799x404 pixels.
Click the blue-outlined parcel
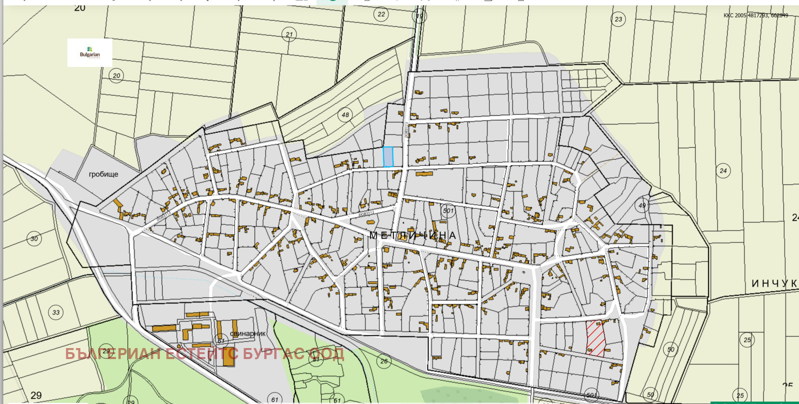click(x=388, y=157)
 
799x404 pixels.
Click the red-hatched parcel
click(x=595, y=338)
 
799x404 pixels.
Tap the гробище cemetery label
click(x=103, y=174)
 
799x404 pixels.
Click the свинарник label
click(x=248, y=333)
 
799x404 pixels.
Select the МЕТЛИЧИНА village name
click(x=412, y=235)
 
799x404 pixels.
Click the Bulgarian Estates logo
click(x=90, y=53)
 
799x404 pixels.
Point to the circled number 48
click(x=345, y=115)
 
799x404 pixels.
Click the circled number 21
click(x=289, y=34)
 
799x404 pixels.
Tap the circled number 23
click(x=618, y=19)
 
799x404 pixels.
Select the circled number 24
click(x=723, y=171)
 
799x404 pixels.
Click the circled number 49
click(x=642, y=205)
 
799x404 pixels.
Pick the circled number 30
click(x=34, y=239)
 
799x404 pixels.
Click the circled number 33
click(x=56, y=313)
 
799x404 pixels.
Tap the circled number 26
click(x=384, y=361)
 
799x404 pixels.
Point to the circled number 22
click(x=381, y=14)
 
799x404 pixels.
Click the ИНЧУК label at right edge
click(x=774, y=283)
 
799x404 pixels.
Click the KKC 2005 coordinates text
click(x=756, y=15)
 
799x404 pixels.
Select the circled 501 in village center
click(x=448, y=211)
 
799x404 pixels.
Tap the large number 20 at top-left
click(x=79, y=8)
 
